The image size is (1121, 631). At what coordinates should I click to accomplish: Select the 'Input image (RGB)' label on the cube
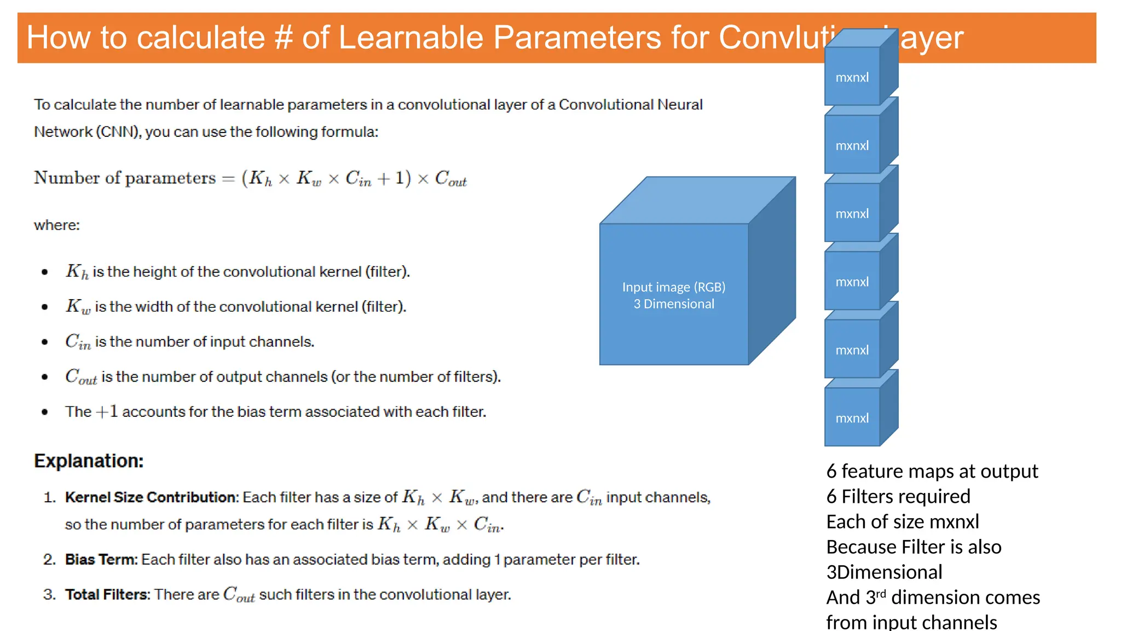point(673,287)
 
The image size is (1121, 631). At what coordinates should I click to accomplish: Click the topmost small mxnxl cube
point(852,77)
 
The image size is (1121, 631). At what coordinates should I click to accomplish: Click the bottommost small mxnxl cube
point(852,418)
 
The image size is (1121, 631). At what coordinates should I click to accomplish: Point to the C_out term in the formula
point(450,179)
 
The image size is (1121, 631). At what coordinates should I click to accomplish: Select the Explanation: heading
point(89,461)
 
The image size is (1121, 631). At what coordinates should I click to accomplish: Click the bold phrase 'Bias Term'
point(101,559)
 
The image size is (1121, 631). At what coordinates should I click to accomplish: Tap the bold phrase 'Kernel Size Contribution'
point(151,497)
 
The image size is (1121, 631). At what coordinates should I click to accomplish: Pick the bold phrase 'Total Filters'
point(107,594)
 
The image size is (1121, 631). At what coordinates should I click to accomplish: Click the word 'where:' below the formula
point(57,225)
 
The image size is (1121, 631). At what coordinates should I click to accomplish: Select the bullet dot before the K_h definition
point(45,272)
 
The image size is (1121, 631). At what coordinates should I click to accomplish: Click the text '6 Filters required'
point(898,496)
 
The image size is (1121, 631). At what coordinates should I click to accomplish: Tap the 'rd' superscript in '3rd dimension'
point(881,593)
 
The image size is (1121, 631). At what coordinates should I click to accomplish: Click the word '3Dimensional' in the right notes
point(884,572)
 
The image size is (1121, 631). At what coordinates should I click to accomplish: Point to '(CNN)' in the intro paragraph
point(119,132)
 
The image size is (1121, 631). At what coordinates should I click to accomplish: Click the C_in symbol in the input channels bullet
point(77,342)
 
